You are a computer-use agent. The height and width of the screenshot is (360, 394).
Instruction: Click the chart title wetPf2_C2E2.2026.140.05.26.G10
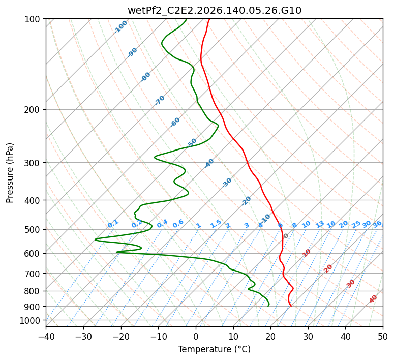(215, 11)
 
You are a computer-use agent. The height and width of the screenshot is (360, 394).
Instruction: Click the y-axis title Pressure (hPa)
(10, 173)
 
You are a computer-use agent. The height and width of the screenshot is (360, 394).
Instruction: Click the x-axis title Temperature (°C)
(215, 349)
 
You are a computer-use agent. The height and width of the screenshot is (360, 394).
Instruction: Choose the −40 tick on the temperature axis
(46, 337)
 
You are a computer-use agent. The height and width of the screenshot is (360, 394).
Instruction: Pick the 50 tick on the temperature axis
(383, 337)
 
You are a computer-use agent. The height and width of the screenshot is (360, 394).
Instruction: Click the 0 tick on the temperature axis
(196, 337)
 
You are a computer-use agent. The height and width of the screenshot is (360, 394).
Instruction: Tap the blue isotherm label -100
(120, 27)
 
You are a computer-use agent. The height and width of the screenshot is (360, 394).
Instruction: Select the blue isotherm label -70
(160, 100)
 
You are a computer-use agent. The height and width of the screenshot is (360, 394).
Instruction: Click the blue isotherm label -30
(227, 183)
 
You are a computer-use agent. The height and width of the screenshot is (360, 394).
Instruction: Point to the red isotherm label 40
(373, 299)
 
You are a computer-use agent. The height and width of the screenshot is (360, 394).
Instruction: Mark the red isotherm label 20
(328, 269)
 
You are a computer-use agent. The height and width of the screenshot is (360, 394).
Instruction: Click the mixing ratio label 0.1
(113, 223)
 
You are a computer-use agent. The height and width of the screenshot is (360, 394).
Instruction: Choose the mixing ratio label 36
(377, 224)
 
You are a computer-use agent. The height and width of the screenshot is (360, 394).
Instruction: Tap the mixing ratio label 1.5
(216, 224)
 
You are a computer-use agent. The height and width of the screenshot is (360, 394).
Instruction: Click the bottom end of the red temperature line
(291, 306)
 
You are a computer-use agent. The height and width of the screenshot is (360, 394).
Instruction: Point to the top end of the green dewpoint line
(187, 19)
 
